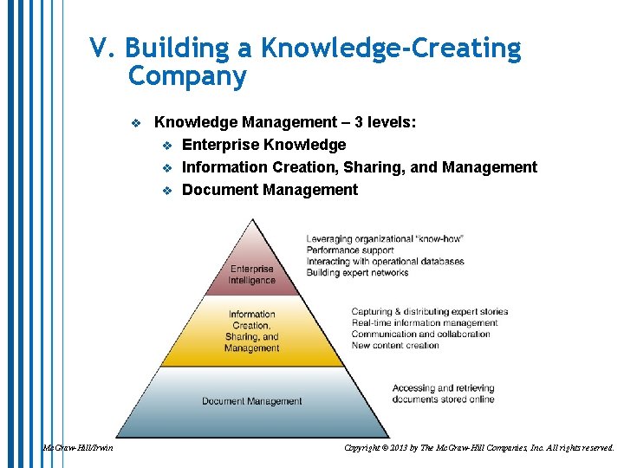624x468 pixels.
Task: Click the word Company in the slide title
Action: (x=186, y=76)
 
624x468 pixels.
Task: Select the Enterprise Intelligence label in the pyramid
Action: (x=251, y=275)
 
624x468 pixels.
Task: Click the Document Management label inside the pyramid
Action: (x=251, y=401)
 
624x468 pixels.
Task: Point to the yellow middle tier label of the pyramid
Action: (x=251, y=331)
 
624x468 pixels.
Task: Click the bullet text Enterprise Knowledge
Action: (x=263, y=145)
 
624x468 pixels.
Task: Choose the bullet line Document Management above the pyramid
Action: (x=270, y=190)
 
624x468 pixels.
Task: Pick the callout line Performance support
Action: (x=349, y=250)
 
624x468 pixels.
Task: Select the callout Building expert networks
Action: (x=357, y=273)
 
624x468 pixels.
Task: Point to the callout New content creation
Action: (x=394, y=346)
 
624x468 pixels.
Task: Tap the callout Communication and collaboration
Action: (x=420, y=335)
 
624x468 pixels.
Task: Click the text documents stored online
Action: (x=443, y=400)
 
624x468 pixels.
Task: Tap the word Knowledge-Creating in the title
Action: (x=392, y=49)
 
